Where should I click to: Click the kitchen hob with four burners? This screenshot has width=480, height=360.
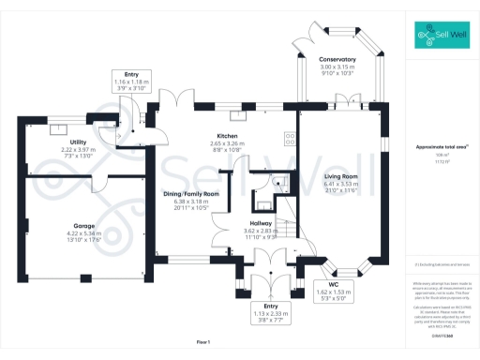pyautogui.click(x=289, y=136)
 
